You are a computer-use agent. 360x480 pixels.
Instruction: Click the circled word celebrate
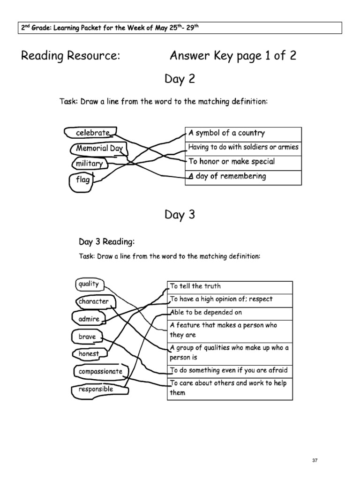(x=92, y=133)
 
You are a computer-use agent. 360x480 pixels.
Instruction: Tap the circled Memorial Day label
(x=99, y=149)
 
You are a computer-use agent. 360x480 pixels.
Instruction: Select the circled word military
(x=89, y=164)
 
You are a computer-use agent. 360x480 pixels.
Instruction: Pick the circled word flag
(x=82, y=180)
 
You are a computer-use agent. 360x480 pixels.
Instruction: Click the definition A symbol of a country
(x=226, y=133)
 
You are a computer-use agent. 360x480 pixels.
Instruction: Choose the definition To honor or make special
(x=232, y=162)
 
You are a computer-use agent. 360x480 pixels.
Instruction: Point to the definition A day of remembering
(x=227, y=177)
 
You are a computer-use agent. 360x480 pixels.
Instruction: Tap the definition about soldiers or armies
(x=243, y=147)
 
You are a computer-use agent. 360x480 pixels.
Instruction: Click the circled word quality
(x=89, y=284)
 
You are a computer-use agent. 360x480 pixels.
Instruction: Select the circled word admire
(x=89, y=319)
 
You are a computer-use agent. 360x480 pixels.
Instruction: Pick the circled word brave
(x=87, y=337)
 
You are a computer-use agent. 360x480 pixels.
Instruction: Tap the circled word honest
(x=89, y=354)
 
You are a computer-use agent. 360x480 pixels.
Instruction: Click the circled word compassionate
(x=100, y=371)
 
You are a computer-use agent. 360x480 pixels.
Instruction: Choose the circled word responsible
(x=96, y=389)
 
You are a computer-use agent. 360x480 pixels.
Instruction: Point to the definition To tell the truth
(x=195, y=286)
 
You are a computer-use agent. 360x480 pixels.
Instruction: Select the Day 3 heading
(x=180, y=215)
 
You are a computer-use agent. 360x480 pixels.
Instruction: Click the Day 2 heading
(x=180, y=80)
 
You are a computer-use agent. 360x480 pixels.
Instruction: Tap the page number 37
(x=315, y=460)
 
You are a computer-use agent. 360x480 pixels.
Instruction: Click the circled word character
(x=94, y=301)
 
